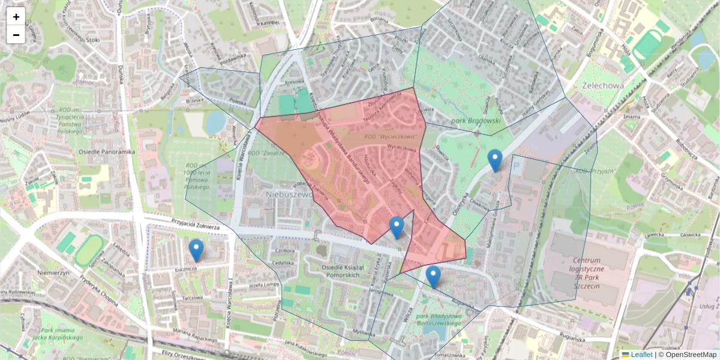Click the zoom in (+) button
[16, 17]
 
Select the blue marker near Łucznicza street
[196, 251]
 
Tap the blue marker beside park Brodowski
[494, 160]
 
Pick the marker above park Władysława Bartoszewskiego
[433, 277]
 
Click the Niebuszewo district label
[290, 194]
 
